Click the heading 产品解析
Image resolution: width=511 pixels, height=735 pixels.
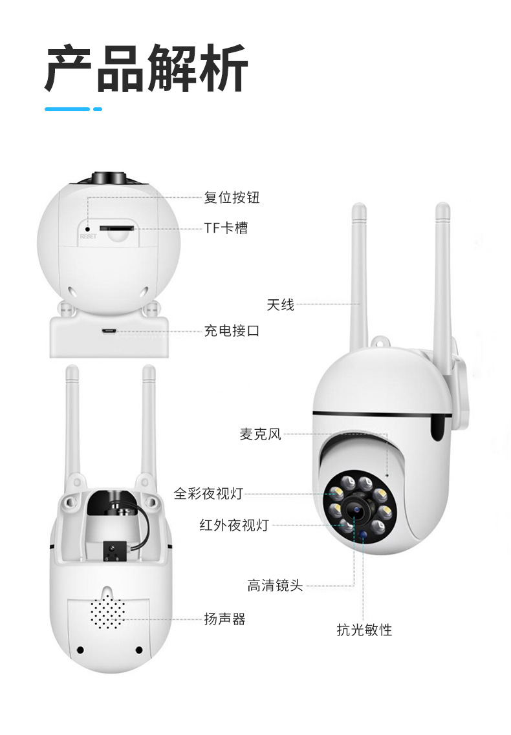146,69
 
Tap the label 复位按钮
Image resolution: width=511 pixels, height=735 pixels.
232,197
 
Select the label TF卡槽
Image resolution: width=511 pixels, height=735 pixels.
226,228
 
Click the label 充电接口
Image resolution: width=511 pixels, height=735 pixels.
232,331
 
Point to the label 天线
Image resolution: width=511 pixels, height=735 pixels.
280,304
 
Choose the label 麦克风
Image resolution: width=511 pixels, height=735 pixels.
261,434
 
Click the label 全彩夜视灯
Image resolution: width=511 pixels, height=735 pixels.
208,493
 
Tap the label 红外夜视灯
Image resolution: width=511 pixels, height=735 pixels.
234,525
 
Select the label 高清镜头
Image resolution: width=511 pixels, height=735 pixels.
274,586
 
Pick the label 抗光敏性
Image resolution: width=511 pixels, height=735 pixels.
364,629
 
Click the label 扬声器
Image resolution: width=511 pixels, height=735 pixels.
224,619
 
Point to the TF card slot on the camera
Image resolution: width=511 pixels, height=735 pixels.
116,228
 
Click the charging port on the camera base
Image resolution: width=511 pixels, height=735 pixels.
108,331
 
